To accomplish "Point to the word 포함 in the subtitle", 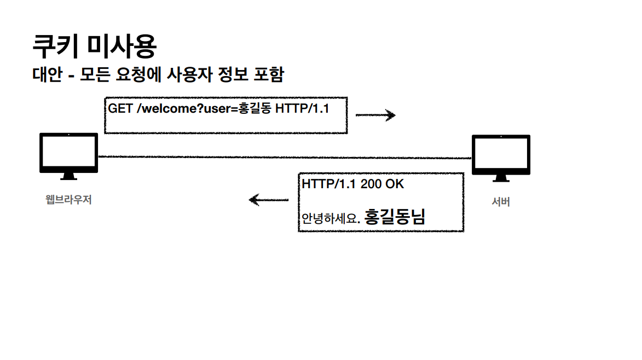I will (267, 74).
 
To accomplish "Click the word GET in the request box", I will (120, 108).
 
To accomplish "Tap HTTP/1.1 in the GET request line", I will (302, 108).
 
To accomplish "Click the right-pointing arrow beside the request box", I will (375, 115).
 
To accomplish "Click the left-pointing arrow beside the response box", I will (268, 200).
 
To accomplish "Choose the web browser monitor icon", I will (68, 155).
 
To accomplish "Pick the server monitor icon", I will (501, 158).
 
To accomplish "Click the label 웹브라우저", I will (68, 200).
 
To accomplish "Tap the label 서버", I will (501, 202).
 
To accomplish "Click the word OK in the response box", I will (395, 184).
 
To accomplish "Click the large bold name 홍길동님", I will (395, 217).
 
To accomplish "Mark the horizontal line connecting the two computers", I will (285, 158).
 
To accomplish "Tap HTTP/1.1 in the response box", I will (329, 184).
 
